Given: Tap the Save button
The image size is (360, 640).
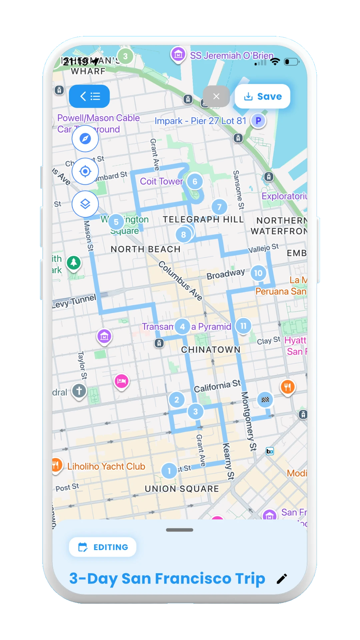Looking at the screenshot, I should (263, 97).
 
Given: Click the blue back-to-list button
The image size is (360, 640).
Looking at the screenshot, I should (89, 97).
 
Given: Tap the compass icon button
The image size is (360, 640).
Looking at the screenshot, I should (85, 139).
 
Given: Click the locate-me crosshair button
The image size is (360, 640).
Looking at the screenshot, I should (85, 171).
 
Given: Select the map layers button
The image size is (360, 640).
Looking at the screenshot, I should (85, 204).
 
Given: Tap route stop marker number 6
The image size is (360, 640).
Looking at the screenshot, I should (195, 182).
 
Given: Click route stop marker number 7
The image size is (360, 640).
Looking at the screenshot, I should (219, 207).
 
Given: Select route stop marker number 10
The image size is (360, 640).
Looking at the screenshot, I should (258, 273).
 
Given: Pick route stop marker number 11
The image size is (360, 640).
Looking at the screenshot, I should (244, 326).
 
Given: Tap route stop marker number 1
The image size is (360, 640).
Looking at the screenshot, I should (169, 471).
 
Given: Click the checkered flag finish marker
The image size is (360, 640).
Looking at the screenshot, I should (265, 400).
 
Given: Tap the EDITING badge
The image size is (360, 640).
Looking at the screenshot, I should (103, 547).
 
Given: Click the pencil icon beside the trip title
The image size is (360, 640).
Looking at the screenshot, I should (282, 579).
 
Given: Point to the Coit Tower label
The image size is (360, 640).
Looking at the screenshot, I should (161, 181).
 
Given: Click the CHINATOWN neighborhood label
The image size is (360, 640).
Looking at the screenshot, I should (211, 350).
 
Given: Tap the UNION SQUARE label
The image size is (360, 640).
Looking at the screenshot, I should (182, 489).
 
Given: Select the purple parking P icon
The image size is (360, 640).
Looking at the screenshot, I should (258, 121).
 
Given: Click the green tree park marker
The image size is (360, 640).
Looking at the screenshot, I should (74, 263).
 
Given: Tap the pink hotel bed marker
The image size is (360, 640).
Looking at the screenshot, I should (122, 381).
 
